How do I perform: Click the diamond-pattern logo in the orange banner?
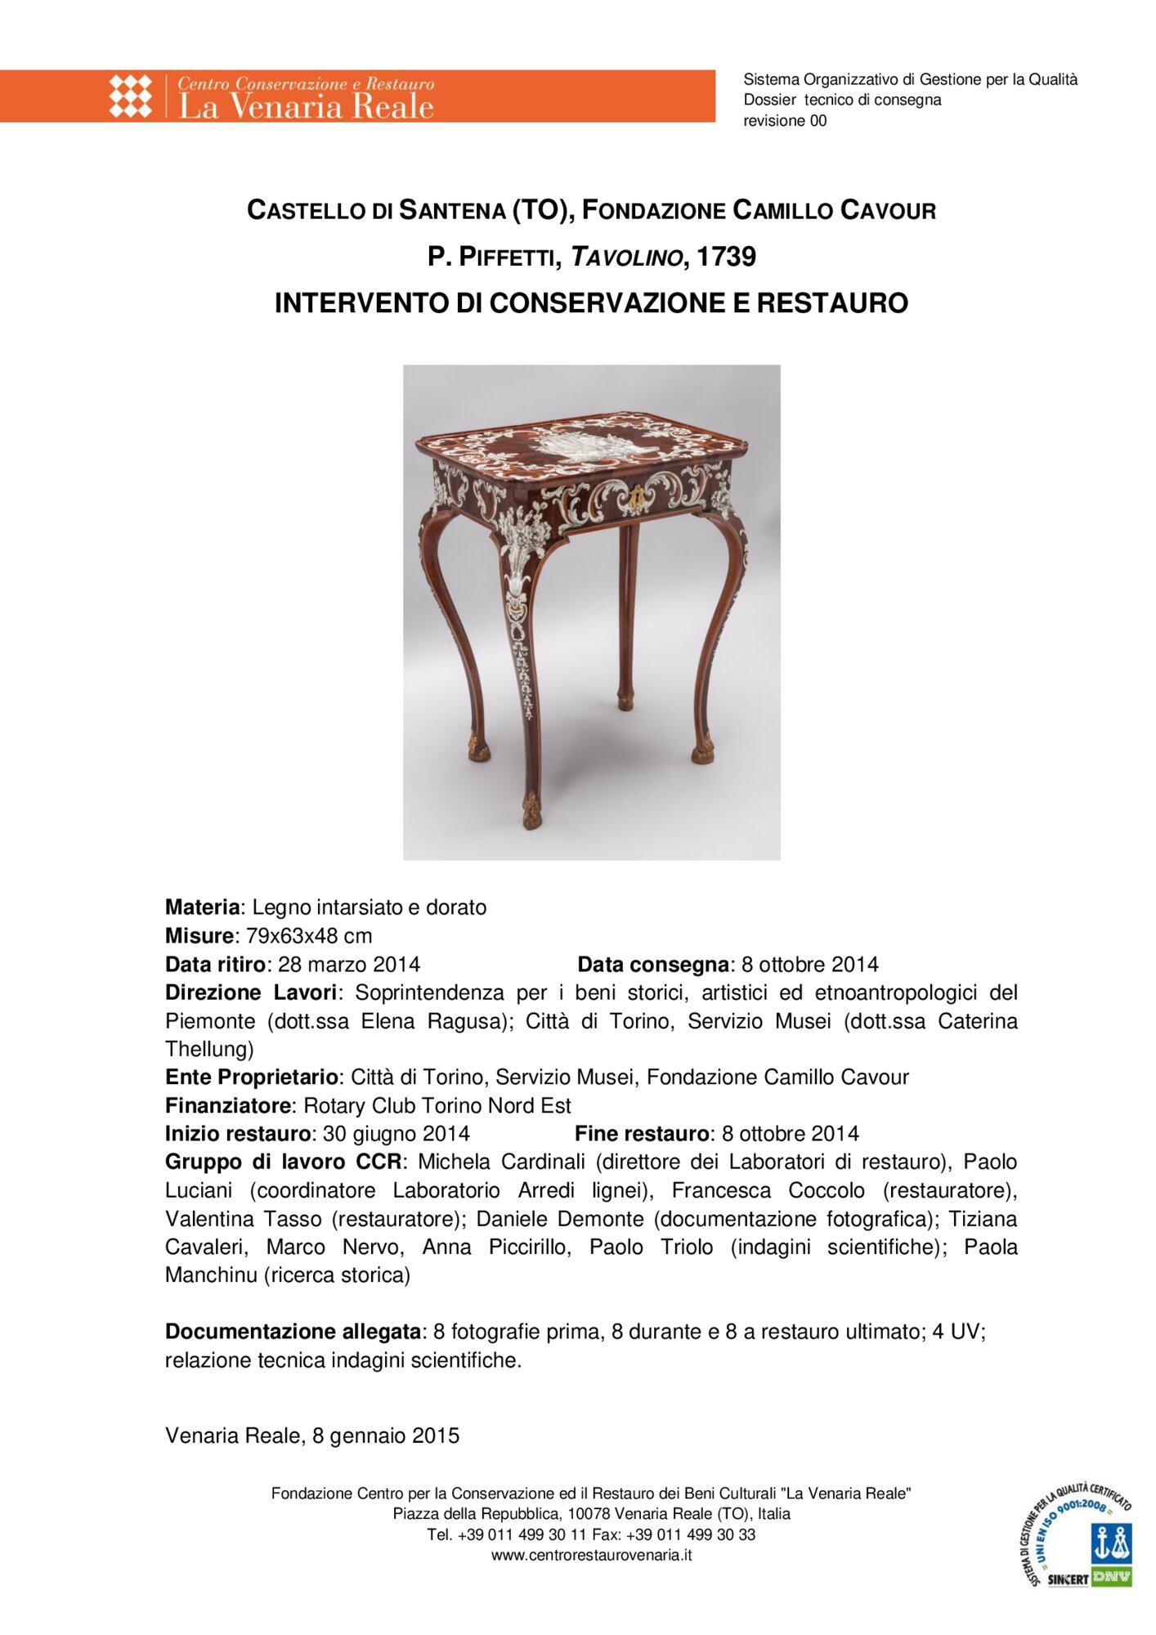(131, 96)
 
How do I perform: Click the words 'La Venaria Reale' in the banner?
(306, 107)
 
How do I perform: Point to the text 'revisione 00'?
(784, 121)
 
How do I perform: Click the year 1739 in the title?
(726, 257)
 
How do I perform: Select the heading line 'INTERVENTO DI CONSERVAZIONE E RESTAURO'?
(591, 303)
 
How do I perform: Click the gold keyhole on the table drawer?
(636, 496)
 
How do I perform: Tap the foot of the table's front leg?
(532, 812)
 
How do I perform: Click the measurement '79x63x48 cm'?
(309, 936)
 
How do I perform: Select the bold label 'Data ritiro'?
(216, 965)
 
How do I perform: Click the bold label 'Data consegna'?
(652, 965)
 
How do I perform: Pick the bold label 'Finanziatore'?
(228, 1106)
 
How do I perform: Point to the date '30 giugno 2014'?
(396, 1134)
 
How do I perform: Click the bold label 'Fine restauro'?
(641, 1134)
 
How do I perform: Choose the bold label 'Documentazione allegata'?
(293, 1332)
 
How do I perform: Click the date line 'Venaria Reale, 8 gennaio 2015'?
(312, 1436)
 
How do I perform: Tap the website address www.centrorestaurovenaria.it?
(591, 1555)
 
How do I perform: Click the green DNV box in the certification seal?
(1111, 1576)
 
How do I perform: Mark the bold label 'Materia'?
(202, 907)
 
